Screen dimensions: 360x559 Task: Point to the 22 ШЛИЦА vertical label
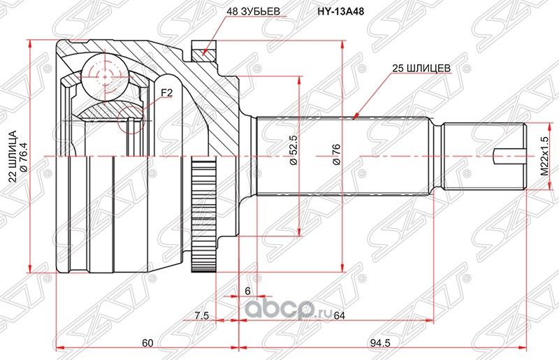[12, 154]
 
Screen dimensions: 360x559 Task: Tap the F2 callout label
[167, 92]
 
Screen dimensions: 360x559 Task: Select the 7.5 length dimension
[201, 315]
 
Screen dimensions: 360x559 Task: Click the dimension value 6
[247, 290]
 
